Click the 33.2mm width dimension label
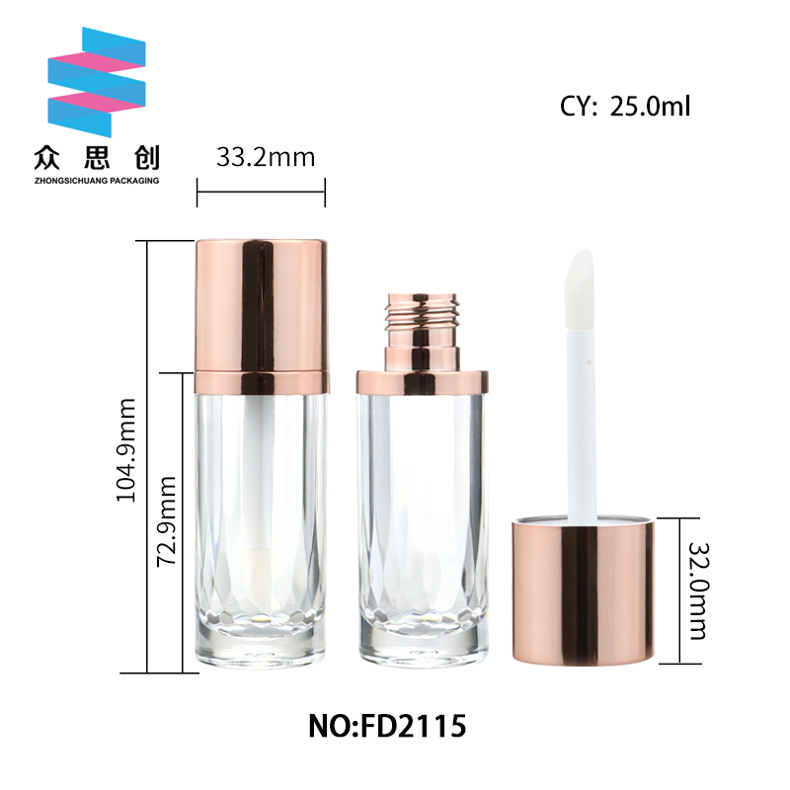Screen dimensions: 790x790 pyautogui.click(x=266, y=157)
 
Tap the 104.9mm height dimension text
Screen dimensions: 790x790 pyautogui.click(x=126, y=450)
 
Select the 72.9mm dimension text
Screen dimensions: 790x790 pyautogui.click(x=167, y=521)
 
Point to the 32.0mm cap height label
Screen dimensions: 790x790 pyautogui.click(x=699, y=591)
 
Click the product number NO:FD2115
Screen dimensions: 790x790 pyautogui.click(x=387, y=726)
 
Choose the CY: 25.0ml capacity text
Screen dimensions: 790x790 pyautogui.click(x=625, y=107)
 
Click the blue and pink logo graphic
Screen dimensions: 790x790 pyautogui.click(x=97, y=82)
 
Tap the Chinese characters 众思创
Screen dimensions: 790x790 pyautogui.click(x=97, y=158)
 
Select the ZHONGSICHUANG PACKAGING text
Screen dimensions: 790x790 pyautogui.click(x=97, y=181)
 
